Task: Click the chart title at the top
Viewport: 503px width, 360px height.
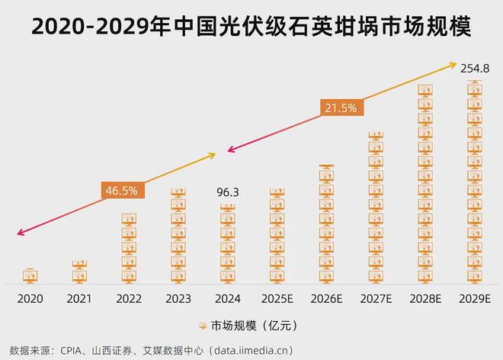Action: pos(251,27)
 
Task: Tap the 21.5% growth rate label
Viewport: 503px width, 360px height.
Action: pos(340,108)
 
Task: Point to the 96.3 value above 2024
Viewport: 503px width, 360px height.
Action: pos(226,193)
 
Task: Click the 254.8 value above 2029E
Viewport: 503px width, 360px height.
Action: pos(475,69)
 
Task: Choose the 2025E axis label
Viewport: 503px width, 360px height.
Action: pos(277,299)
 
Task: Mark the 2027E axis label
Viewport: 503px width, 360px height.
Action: pos(376,299)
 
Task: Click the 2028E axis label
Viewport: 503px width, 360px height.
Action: pos(425,299)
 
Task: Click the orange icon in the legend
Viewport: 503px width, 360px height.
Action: pos(203,326)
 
